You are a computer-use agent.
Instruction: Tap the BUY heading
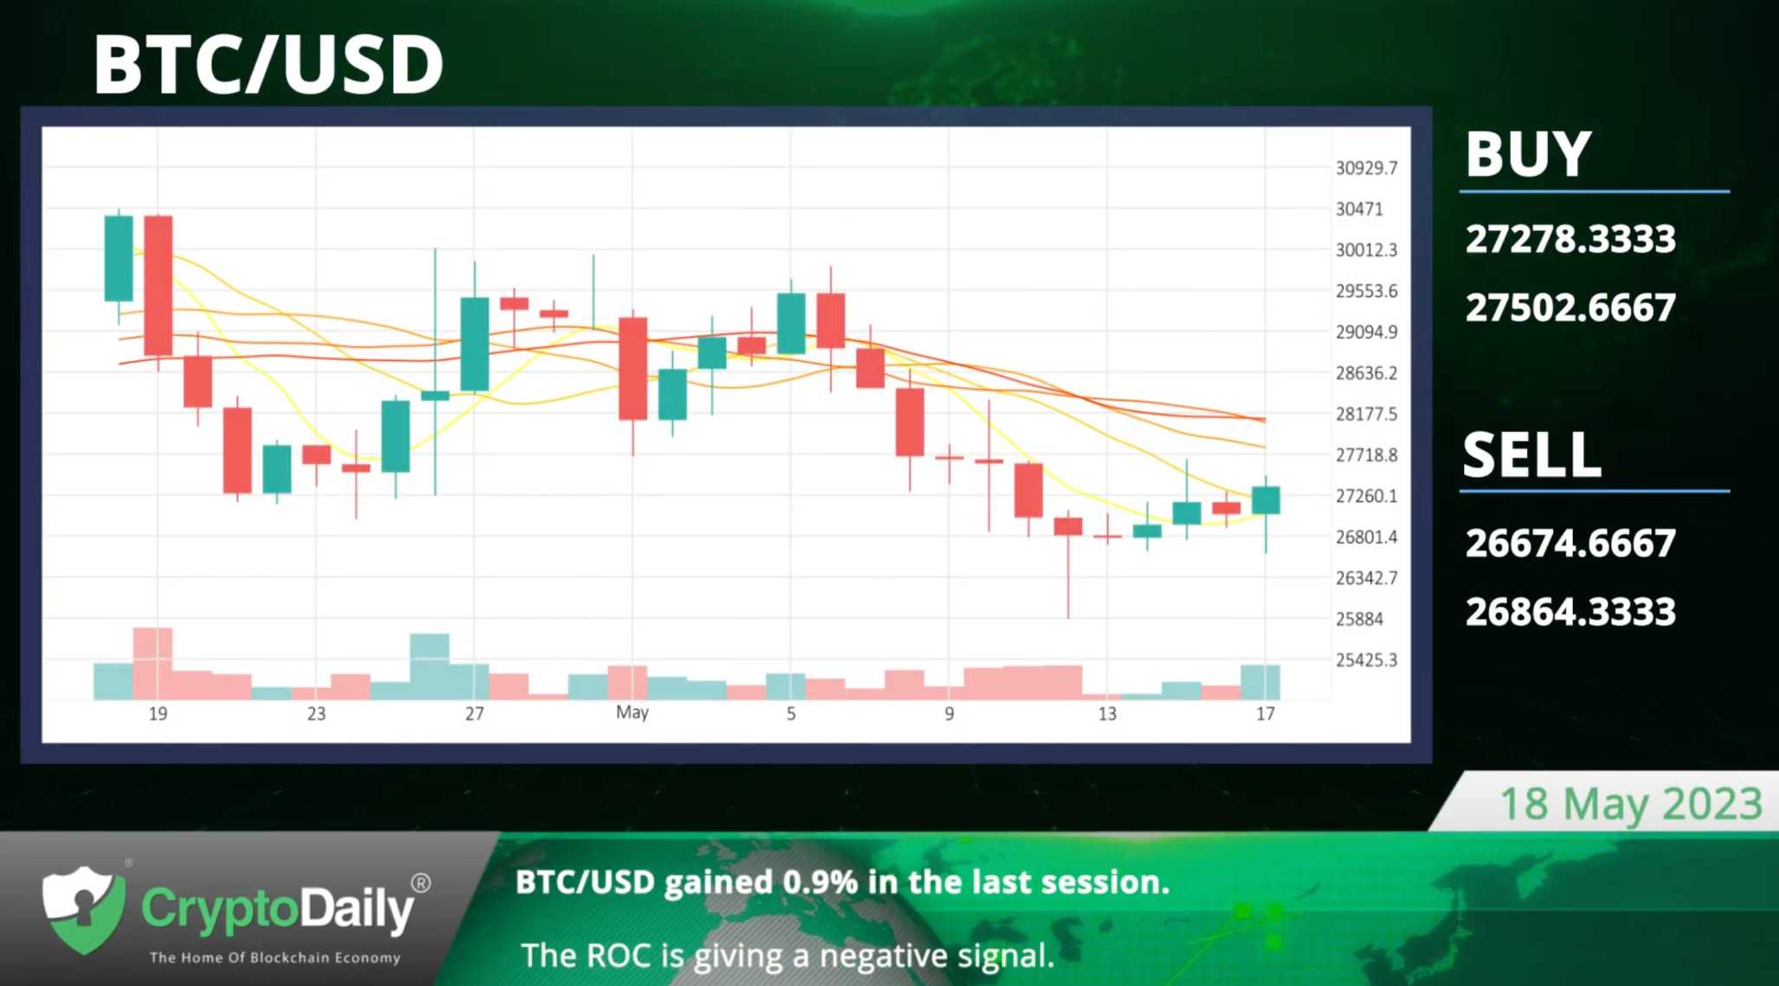click(x=1528, y=154)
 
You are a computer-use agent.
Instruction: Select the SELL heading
click(x=1532, y=454)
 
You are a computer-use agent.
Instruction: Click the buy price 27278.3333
click(x=1570, y=239)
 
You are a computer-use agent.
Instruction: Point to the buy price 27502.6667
click(x=1570, y=307)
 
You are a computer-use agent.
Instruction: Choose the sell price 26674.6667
click(x=1570, y=543)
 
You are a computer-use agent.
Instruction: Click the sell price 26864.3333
click(x=1570, y=612)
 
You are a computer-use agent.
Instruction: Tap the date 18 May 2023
click(x=1631, y=804)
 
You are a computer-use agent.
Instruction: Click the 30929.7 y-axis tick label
click(x=1366, y=168)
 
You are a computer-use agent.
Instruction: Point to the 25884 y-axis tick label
click(x=1359, y=619)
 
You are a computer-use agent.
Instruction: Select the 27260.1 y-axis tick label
click(x=1366, y=496)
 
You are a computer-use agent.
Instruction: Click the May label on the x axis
click(x=632, y=712)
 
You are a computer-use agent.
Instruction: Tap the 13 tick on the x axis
click(x=1107, y=713)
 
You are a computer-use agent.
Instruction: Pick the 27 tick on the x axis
click(x=474, y=713)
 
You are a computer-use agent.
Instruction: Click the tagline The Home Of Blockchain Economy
click(x=275, y=957)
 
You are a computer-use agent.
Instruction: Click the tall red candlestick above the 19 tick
click(x=158, y=286)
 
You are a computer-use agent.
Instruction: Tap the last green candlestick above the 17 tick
click(x=1266, y=500)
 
